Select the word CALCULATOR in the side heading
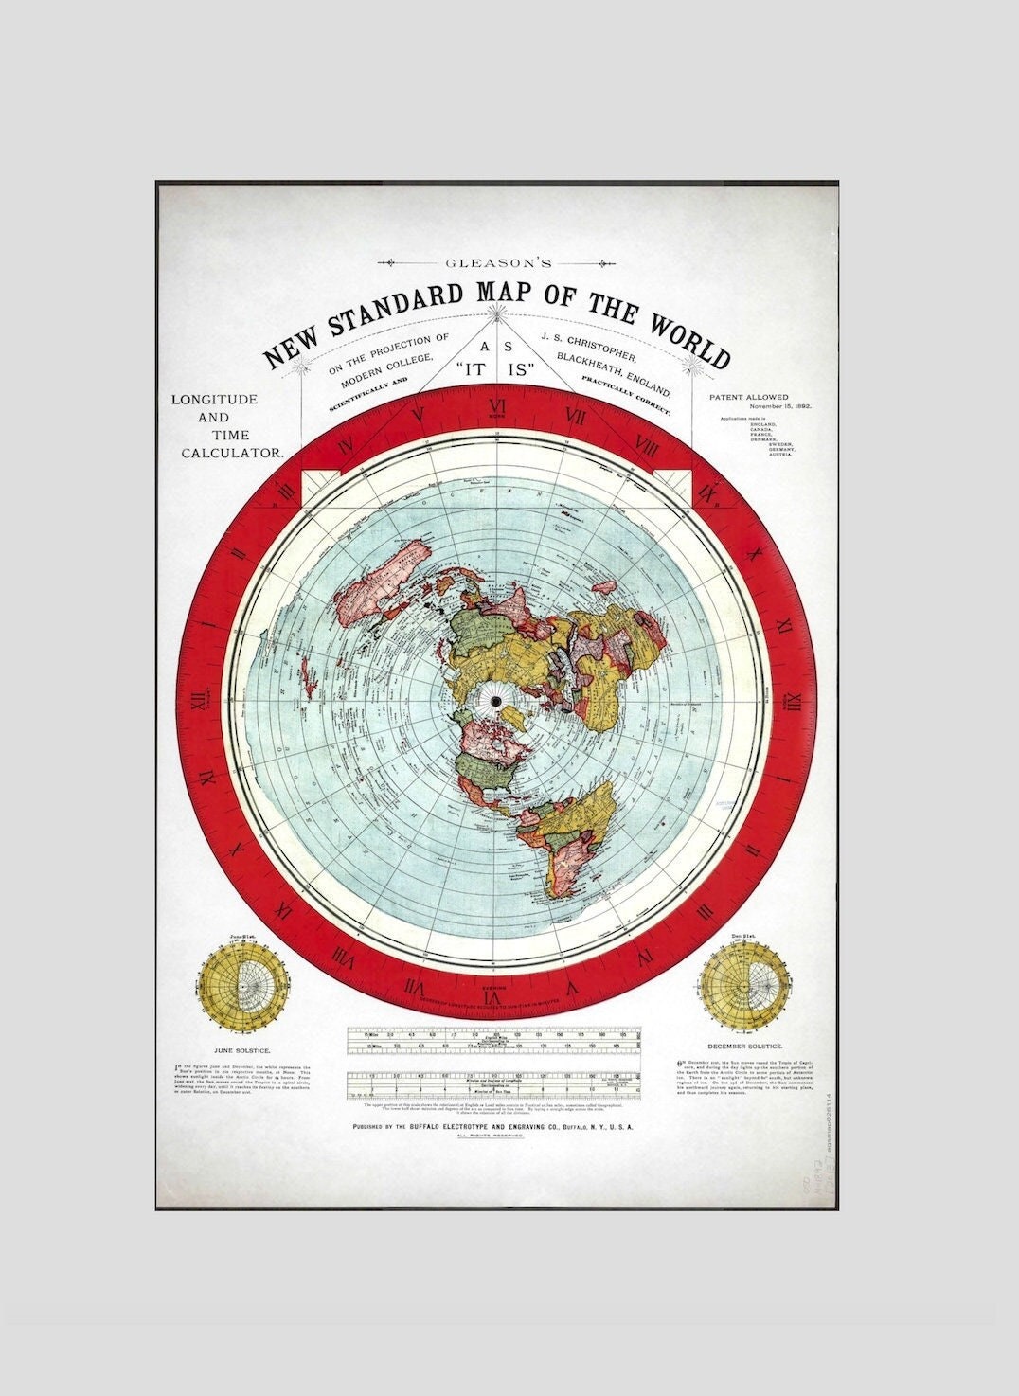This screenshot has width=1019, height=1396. tap(233, 453)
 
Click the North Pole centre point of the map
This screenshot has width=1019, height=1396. tap(495, 700)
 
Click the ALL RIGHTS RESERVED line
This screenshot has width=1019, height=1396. tap(491, 1136)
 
